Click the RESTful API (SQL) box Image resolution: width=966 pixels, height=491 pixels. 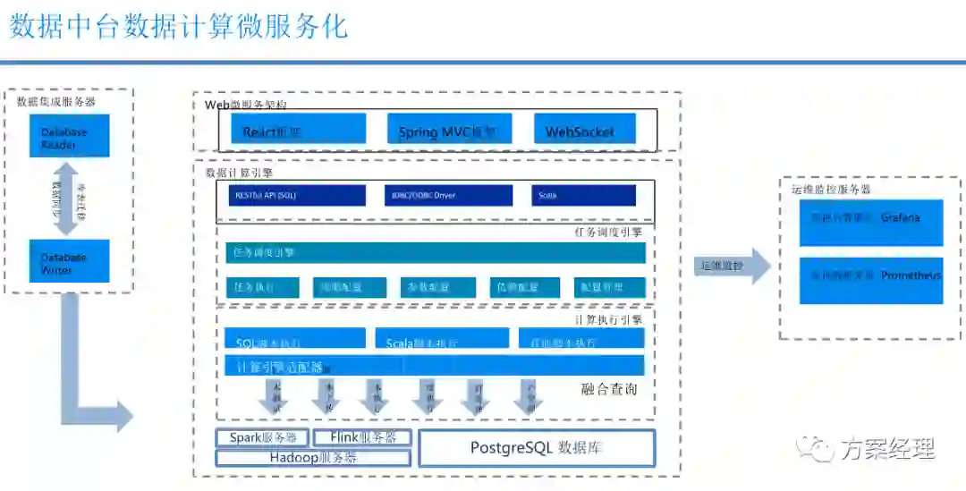[x=297, y=195]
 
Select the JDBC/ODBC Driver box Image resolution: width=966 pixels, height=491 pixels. [x=447, y=195]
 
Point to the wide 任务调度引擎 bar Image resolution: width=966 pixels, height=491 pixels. [x=435, y=252]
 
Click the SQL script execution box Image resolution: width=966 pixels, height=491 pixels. [x=295, y=339]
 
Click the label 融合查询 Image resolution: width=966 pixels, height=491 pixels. [x=609, y=389]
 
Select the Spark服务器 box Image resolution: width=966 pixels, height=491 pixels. [x=263, y=437]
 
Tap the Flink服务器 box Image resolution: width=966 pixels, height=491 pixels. [x=363, y=437]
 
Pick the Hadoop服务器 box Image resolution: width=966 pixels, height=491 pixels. [x=313, y=458]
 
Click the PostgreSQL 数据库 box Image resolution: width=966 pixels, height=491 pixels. [x=537, y=448]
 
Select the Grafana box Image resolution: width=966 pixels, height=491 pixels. [x=870, y=222]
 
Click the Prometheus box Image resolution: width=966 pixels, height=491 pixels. [x=870, y=280]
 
